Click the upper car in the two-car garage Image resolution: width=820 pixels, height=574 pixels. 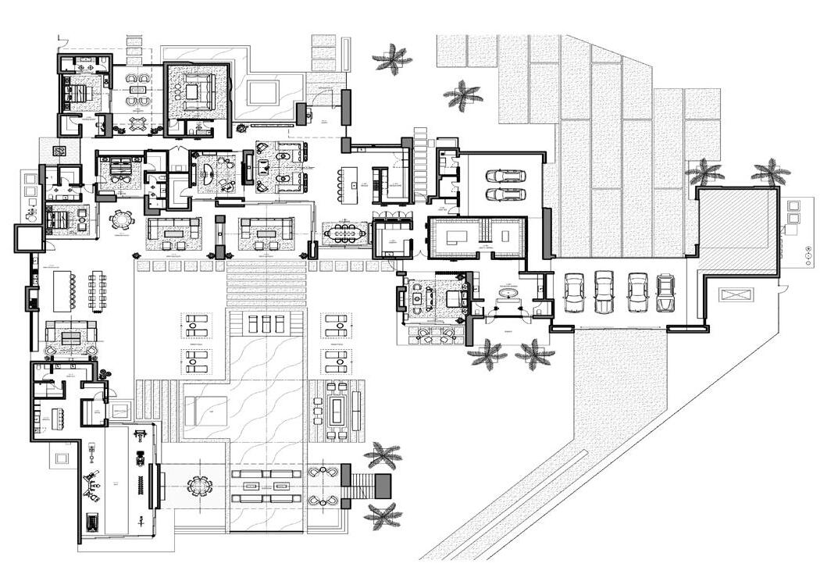pyautogui.click(x=505, y=176)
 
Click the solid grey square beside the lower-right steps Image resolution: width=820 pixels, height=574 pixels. pyautogui.click(x=383, y=486)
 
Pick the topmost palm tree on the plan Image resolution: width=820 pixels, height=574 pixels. pyautogui.click(x=392, y=59)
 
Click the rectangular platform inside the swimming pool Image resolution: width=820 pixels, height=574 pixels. pyautogui.click(x=206, y=411)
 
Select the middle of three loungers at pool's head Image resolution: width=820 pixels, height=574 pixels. pyautogui.click(x=266, y=324)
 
